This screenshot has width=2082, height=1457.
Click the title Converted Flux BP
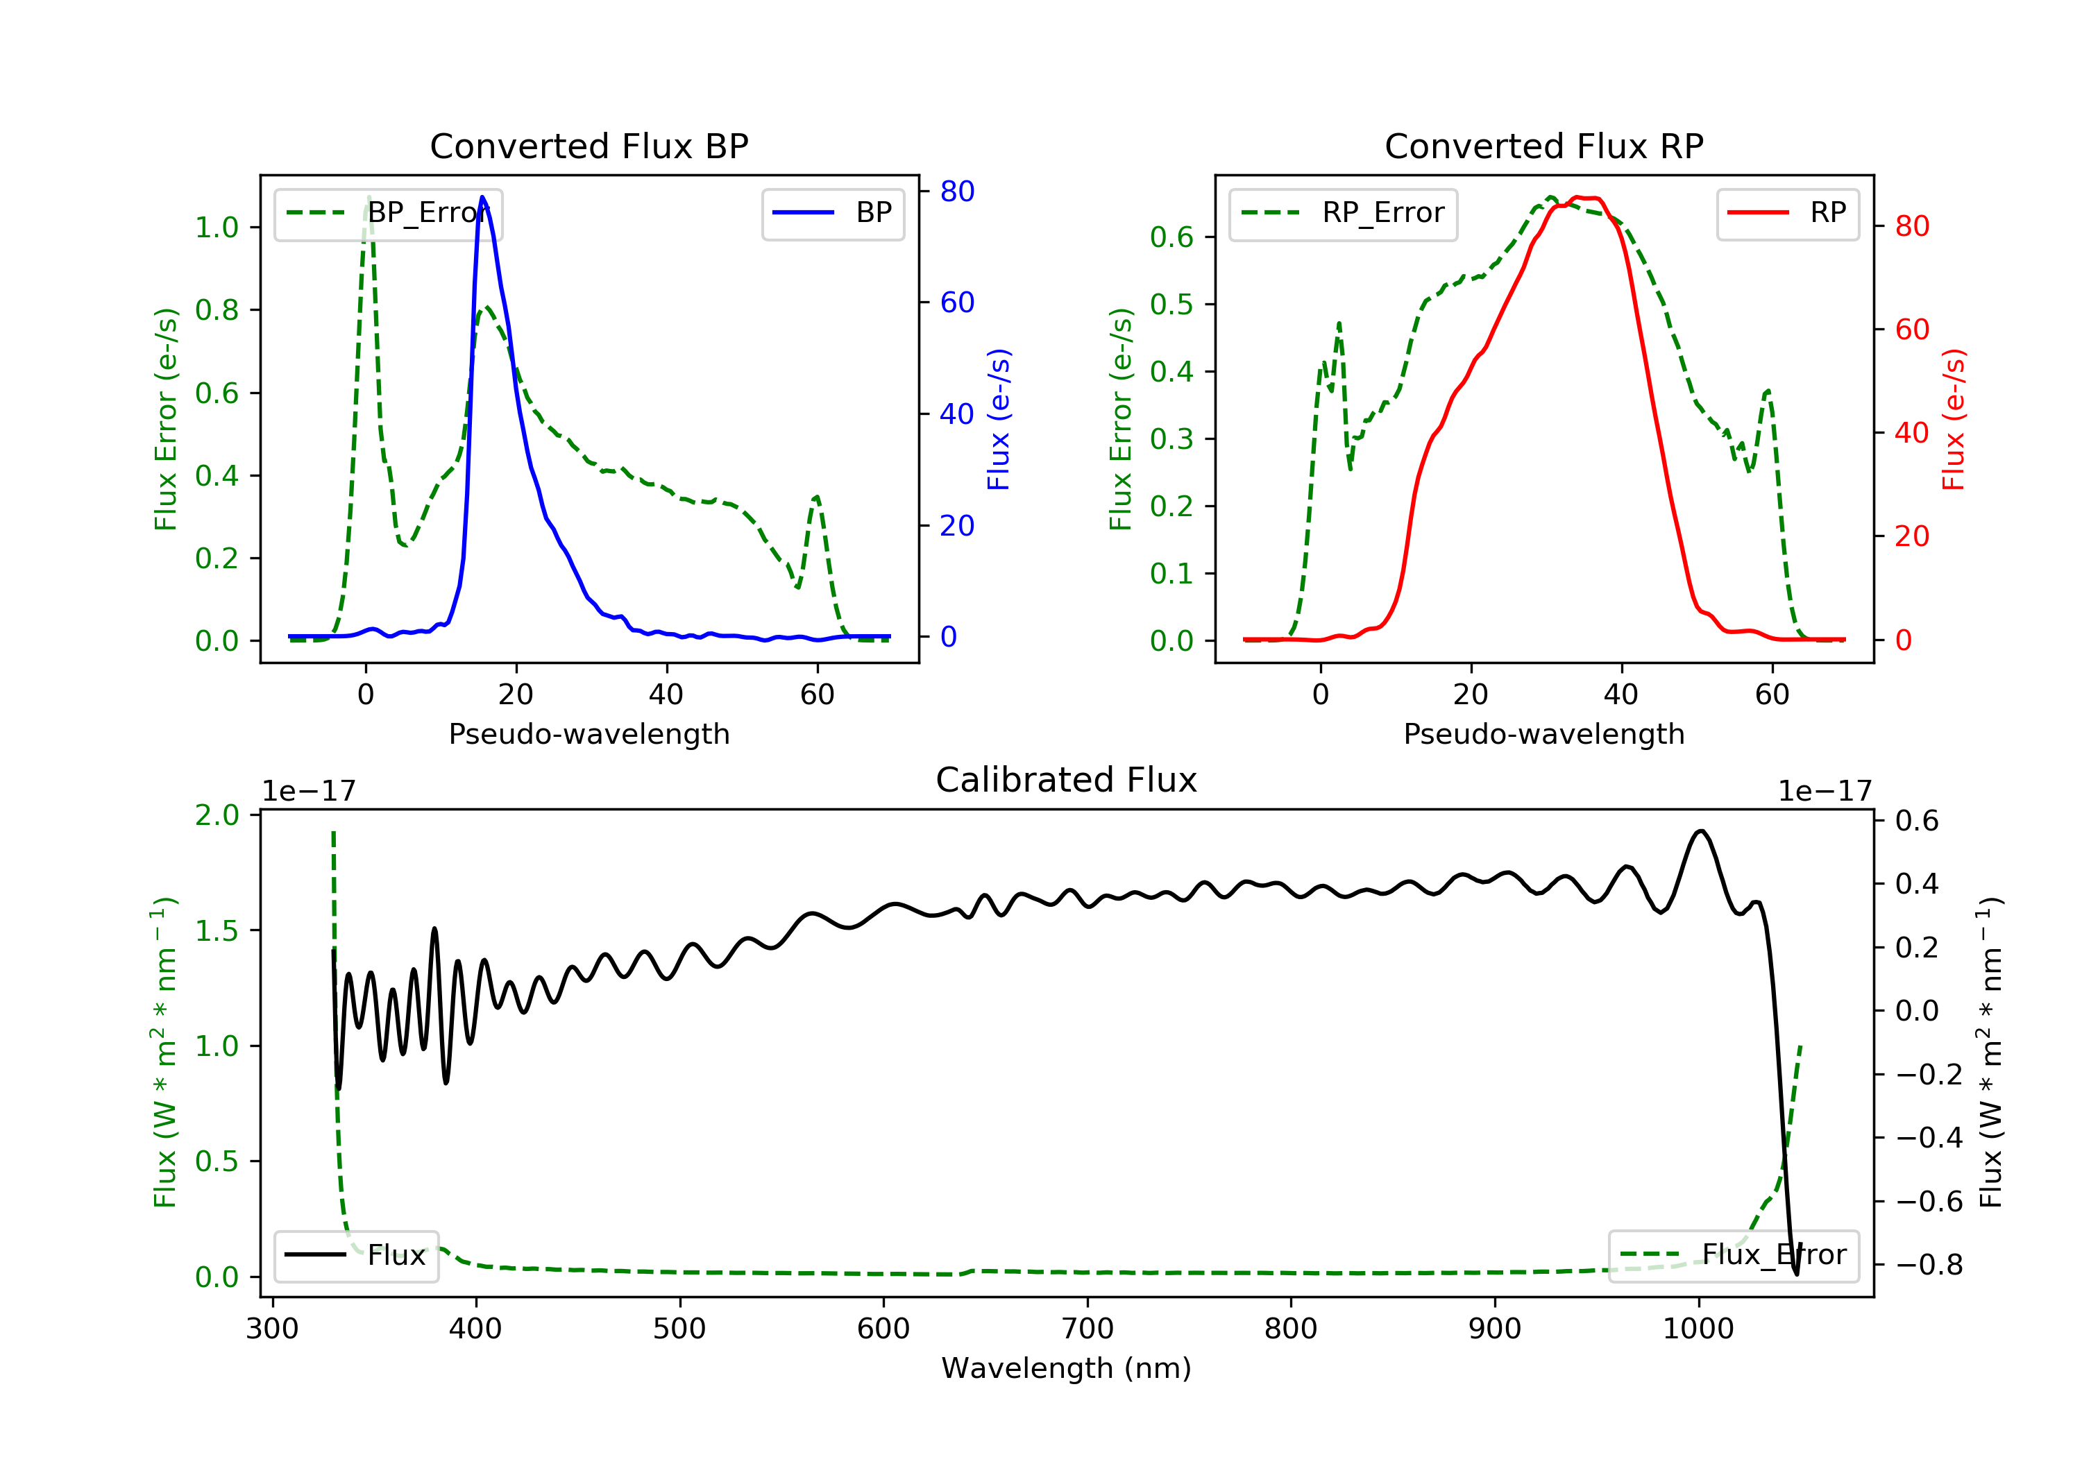pyautogui.click(x=589, y=146)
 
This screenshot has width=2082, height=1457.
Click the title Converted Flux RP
pyautogui.click(x=1543, y=146)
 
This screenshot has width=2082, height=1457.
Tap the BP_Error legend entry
pyautogui.click(x=388, y=213)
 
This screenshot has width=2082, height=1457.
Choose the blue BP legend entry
pyautogui.click(x=832, y=213)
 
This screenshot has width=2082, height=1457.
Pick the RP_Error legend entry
pyautogui.click(x=1343, y=213)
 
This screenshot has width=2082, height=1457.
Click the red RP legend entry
pyautogui.click(x=1787, y=213)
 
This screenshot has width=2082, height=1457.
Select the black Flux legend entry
pyautogui.click(x=355, y=1255)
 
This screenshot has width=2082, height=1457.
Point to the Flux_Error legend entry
pyautogui.click(x=1733, y=1255)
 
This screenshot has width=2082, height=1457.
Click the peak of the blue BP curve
pyautogui.click(x=482, y=197)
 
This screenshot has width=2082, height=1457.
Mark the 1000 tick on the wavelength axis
pyautogui.click(x=1698, y=1328)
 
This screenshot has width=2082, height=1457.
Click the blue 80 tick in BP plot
pyautogui.click(x=956, y=191)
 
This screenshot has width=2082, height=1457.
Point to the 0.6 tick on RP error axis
pyautogui.click(x=1171, y=237)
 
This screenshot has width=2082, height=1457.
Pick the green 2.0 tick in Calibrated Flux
pyautogui.click(x=217, y=815)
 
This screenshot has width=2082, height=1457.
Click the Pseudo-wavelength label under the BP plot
pyautogui.click(x=589, y=734)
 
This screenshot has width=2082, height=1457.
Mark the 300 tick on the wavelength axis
pyautogui.click(x=272, y=1328)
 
